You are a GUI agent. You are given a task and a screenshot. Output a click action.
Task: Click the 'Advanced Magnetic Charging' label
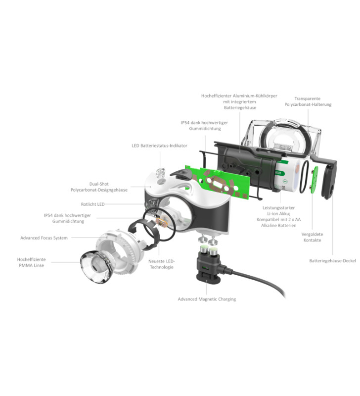pos(207,299)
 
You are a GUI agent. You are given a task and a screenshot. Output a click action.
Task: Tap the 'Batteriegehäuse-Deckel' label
pos(332,261)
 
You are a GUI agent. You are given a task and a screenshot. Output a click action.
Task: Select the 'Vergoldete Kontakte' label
pos(313,237)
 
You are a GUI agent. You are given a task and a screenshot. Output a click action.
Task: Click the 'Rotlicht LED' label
pos(92,204)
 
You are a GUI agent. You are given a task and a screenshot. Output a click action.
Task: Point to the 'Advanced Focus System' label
pos(44,238)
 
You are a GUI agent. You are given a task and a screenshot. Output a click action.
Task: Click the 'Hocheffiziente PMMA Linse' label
pos(31,262)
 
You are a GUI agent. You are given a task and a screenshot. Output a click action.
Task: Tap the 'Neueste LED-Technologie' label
pos(162,264)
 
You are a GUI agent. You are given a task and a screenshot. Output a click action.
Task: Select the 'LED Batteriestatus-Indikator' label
pos(159,146)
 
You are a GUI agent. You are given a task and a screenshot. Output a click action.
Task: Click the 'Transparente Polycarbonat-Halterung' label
pos(308,101)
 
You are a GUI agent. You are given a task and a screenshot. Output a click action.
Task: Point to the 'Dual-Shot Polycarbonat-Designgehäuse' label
pos(99,187)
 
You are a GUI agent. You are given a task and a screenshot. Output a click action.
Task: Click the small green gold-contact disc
pos(314,181)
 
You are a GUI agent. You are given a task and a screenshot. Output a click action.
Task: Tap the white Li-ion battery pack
pos(288,176)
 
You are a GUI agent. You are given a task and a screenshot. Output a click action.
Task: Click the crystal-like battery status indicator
pos(160,173)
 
